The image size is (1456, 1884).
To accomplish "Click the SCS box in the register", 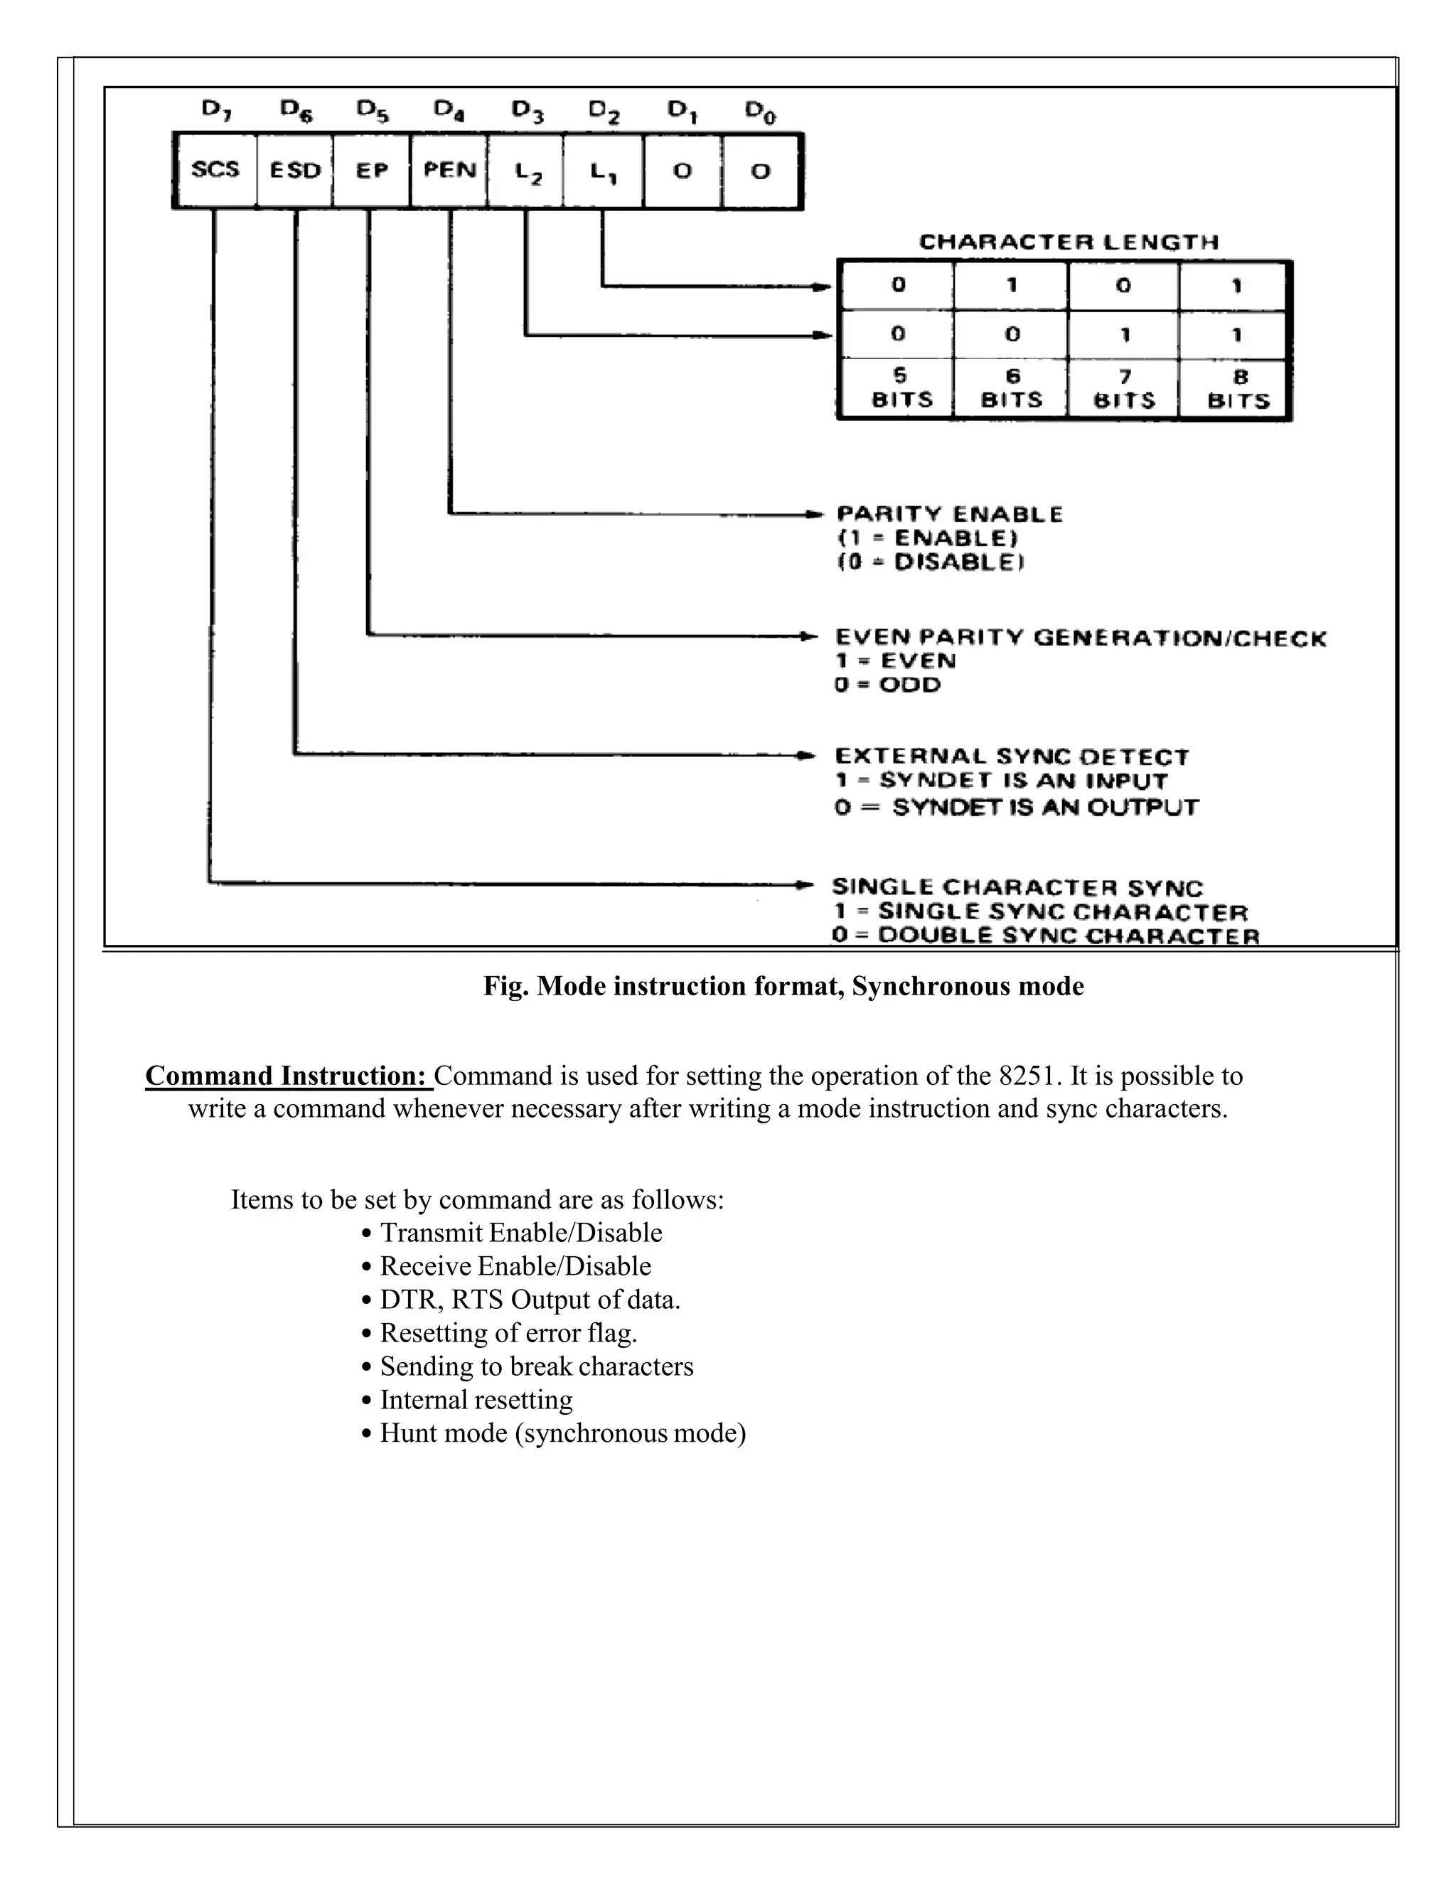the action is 215,170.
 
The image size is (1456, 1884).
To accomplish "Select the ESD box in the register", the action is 295,170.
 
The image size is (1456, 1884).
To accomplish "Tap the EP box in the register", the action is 372,170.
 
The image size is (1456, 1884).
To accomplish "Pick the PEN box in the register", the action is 449,170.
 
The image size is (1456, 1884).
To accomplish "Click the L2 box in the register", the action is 525,171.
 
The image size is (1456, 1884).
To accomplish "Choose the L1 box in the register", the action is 603,171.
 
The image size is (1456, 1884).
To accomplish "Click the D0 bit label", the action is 760,112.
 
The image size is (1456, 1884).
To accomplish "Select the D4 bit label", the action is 449,110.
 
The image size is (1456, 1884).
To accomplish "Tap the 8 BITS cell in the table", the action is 1238,389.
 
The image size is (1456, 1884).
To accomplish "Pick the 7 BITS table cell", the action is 1124,389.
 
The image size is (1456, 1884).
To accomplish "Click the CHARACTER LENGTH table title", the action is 1069,242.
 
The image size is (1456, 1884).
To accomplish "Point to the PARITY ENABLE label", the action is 950,514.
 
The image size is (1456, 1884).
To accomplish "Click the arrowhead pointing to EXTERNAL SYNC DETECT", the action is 806,756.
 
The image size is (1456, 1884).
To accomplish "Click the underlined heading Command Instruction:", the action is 287,1076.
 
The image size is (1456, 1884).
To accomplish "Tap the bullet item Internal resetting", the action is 476,1399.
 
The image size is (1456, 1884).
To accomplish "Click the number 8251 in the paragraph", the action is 1027,1076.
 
